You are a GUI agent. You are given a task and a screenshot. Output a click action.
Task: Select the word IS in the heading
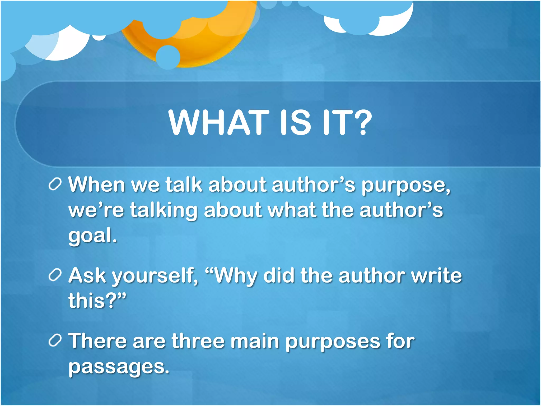pos(295,123)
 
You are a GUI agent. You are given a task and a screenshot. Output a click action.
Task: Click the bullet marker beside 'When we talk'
pos(55,184)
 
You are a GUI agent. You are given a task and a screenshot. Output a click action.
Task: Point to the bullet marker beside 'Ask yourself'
pos(55,276)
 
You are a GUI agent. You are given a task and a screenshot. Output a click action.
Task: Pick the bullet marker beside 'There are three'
pos(55,341)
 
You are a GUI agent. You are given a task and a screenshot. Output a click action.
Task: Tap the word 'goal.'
pos(92,236)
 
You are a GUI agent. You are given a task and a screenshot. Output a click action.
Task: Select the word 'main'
pos(255,341)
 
